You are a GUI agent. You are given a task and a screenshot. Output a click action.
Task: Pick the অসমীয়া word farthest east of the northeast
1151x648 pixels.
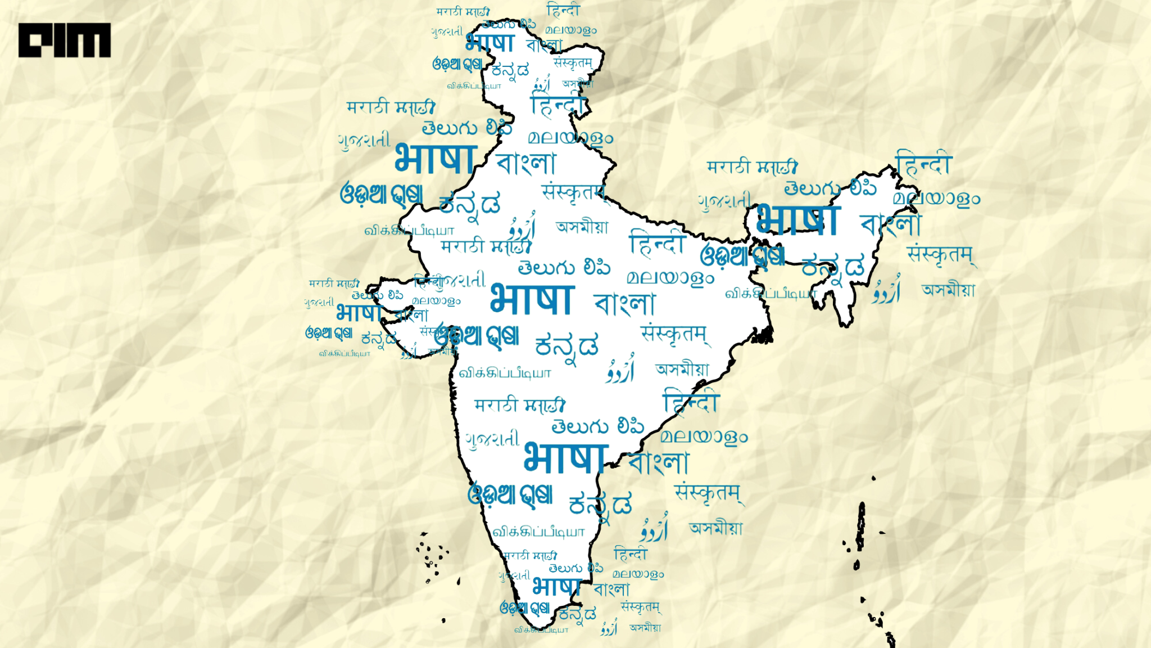tap(948, 290)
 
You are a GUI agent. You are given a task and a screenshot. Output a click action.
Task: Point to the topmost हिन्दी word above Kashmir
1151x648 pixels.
tap(563, 10)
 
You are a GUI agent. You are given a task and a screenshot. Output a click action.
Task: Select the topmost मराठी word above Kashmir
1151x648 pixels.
tap(463, 11)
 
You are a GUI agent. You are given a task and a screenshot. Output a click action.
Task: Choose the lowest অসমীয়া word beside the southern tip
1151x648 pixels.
tap(645, 628)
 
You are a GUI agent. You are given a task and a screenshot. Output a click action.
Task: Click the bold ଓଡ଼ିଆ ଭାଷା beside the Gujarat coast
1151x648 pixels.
tap(329, 333)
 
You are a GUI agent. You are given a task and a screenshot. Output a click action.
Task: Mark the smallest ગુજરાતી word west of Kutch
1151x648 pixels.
tap(319, 303)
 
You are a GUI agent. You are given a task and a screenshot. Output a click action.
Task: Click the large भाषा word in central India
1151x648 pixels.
tap(531, 299)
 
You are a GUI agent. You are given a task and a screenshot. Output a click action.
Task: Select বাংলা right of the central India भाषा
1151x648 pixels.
tap(624, 304)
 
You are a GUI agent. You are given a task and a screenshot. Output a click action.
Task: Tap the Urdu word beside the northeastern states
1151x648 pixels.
tap(887, 290)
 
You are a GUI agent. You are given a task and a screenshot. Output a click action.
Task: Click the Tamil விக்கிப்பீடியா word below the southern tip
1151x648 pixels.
tap(541, 630)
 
